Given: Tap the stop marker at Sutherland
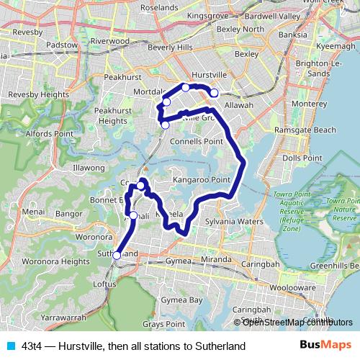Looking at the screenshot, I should (x=117, y=255).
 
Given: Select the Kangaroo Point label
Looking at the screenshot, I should (x=201, y=179).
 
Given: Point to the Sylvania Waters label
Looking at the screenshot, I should (x=234, y=222).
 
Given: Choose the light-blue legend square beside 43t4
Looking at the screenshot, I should (x=9, y=346).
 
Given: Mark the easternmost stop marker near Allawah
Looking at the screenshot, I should (x=214, y=92).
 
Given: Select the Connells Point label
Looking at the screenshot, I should (x=197, y=141).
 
